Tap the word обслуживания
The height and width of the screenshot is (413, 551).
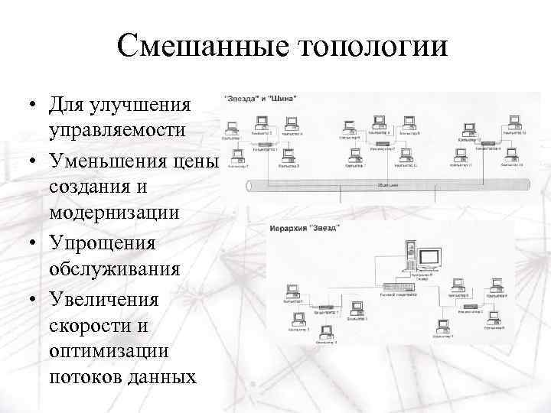point(115,270)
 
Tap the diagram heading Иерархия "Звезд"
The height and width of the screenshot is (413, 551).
point(305,227)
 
